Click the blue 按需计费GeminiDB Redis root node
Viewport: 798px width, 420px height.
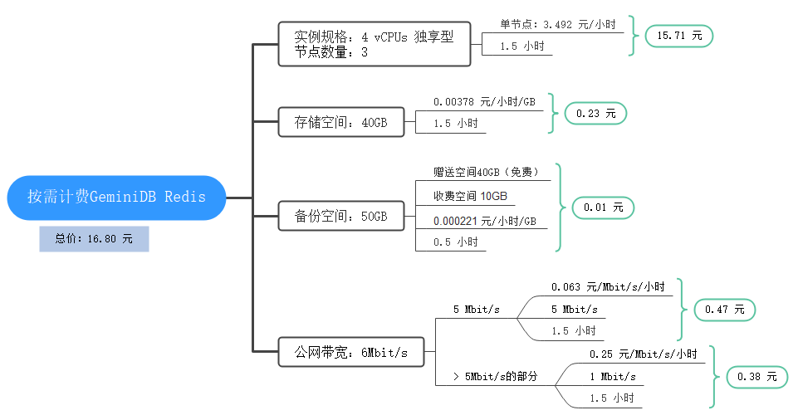[x=116, y=198]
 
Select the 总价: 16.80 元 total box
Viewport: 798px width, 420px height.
[x=94, y=239]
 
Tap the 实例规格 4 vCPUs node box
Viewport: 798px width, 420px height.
[x=374, y=44]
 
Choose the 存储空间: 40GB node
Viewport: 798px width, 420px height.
[x=340, y=123]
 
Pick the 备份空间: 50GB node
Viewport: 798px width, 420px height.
[x=340, y=217]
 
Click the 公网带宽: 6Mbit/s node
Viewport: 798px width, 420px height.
[x=350, y=352]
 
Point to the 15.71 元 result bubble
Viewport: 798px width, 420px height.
[x=679, y=36]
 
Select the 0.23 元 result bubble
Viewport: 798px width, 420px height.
[x=595, y=115]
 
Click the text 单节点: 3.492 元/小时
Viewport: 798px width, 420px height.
[x=558, y=25]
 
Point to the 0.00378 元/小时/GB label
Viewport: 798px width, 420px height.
[x=484, y=102]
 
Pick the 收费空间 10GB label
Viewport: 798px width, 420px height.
[x=469, y=197]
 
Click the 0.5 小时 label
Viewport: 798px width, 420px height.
[x=455, y=242]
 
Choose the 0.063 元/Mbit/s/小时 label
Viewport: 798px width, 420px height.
[x=608, y=287]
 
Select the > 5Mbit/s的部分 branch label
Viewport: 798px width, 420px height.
[x=495, y=376]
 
